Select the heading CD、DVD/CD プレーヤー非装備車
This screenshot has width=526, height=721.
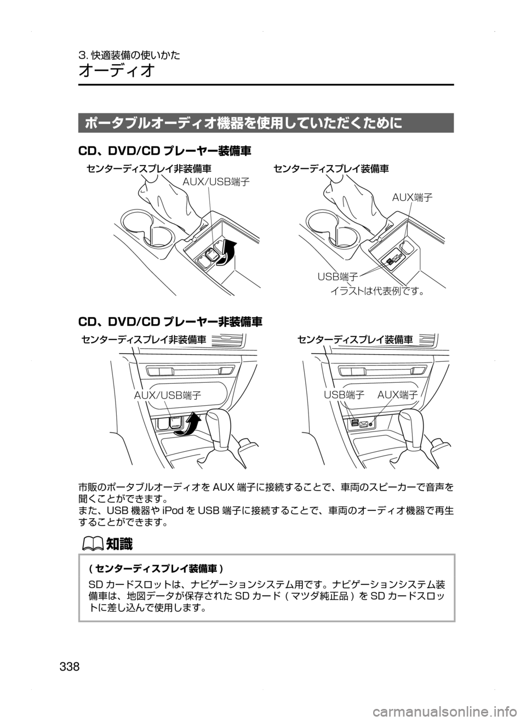pyautogui.click(x=170, y=319)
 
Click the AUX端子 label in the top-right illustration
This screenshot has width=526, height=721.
pyautogui.click(x=413, y=197)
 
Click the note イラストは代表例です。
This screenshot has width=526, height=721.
pyautogui.click(x=378, y=291)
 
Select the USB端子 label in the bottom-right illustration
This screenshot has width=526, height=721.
pyautogui.click(x=344, y=394)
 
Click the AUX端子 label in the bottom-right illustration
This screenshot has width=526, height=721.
pyautogui.click(x=398, y=394)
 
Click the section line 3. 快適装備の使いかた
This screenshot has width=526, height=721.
pyautogui.click(x=130, y=55)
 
